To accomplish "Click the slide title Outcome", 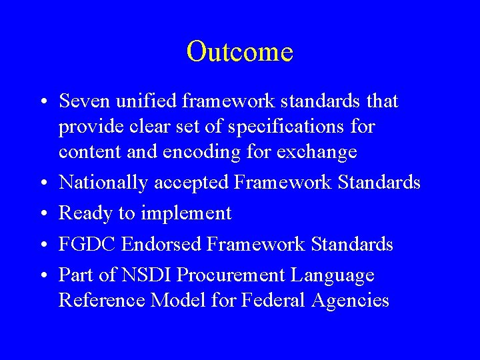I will (240, 51).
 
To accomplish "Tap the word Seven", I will (82, 101).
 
